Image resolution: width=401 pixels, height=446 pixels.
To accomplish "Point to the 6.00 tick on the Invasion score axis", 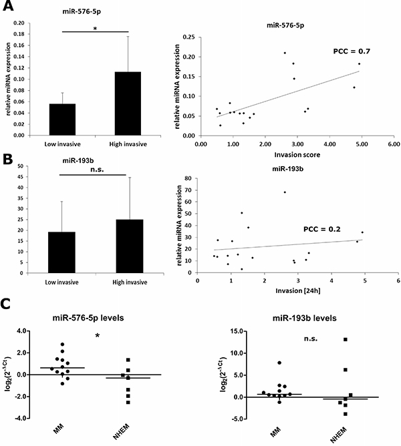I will [393, 144].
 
